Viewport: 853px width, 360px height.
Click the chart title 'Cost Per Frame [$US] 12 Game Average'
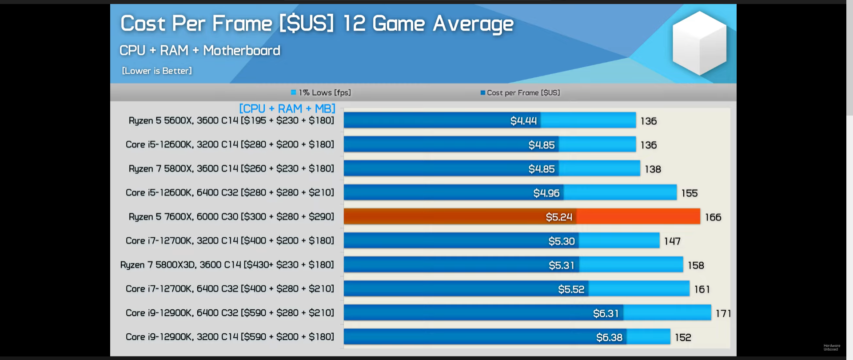point(317,24)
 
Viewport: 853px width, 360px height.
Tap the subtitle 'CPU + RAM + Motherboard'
point(199,50)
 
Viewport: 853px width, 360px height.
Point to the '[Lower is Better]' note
point(157,71)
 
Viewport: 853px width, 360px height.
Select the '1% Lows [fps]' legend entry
point(321,92)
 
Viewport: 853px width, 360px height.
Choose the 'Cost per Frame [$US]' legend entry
point(520,92)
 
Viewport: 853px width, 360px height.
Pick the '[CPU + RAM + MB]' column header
point(287,108)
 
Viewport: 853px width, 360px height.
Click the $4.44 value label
point(523,120)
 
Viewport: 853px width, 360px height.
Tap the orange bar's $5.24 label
point(559,217)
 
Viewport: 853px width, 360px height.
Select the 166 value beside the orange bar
point(713,217)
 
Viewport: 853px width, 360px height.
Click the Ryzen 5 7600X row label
point(231,216)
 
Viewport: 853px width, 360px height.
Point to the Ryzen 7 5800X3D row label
point(227,264)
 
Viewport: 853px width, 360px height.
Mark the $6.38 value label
point(609,337)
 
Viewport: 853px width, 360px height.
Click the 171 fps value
point(723,313)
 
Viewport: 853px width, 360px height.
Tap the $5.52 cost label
point(571,289)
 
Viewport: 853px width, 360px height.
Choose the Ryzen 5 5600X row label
point(231,120)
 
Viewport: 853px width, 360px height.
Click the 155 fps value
point(689,193)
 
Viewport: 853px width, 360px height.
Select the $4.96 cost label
point(546,193)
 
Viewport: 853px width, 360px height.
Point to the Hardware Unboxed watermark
point(832,347)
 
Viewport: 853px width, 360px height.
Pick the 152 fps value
point(683,337)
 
